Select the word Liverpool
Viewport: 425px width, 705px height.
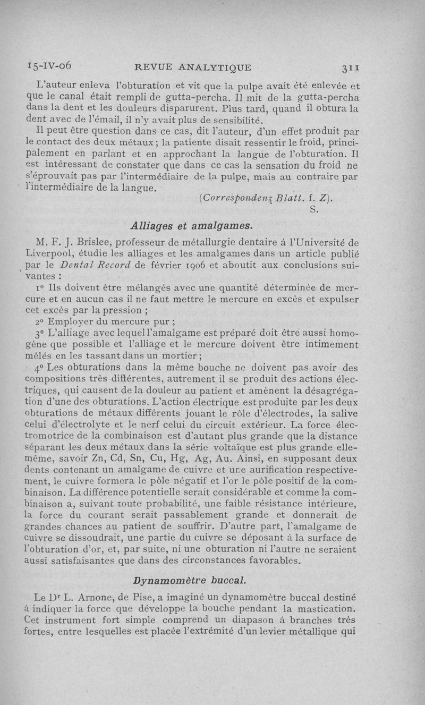(x=52, y=256)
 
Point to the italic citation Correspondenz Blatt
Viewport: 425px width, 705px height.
(x=250, y=200)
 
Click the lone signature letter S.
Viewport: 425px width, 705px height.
(x=313, y=211)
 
